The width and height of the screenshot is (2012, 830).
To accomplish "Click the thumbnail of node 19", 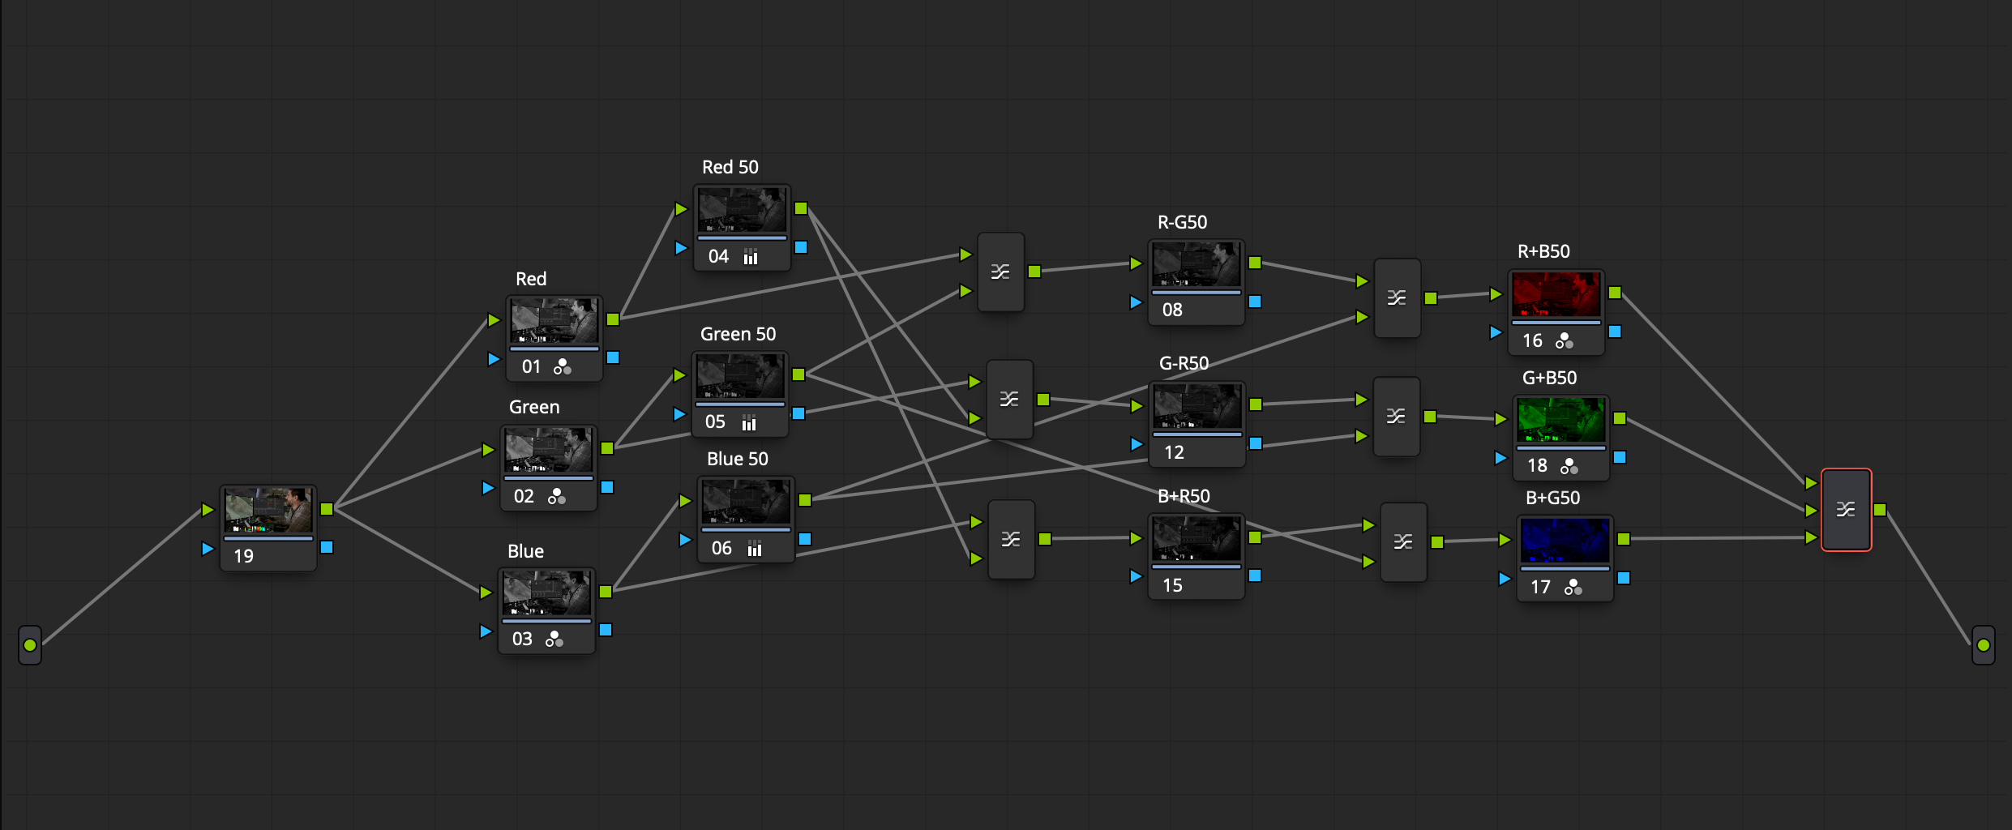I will click(x=268, y=511).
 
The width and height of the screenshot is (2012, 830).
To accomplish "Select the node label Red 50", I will click(x=730, y=167).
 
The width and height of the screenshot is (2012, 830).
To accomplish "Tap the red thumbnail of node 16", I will click(x=1556, y=294).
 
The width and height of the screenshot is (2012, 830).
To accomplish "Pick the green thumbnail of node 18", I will click(x=1560, y=420).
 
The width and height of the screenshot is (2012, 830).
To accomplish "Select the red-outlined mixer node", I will click(x=1846, y=510).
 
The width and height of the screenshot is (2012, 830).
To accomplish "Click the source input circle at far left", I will click(x=30, y=645).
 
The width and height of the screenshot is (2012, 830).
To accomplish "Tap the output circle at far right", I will click(x=1983, y=645).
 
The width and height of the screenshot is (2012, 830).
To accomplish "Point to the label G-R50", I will click(x=1184, y=363).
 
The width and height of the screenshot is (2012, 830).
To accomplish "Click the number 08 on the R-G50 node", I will click(x=1172, y=310).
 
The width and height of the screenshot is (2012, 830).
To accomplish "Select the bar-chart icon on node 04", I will click(x=751, y=257).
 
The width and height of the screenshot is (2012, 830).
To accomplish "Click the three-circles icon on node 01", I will click(x=563, y=367).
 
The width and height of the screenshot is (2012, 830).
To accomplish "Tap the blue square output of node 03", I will click(x=606, y=630).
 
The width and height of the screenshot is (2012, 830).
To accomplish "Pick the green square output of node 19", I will click(x=327, y=509).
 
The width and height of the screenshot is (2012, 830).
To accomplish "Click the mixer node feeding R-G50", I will click(x=1000, y=272).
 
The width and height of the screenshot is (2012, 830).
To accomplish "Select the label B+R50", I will click(x=1184, y=496).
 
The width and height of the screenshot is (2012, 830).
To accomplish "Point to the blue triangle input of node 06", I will click(x=685, y=539).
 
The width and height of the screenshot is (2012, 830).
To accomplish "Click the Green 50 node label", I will click(x=738, y=334).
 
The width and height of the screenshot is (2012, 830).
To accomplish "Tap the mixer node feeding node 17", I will click(x=1403, y=542).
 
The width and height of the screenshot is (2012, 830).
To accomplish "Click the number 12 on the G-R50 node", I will click(x=1174, y=452).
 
